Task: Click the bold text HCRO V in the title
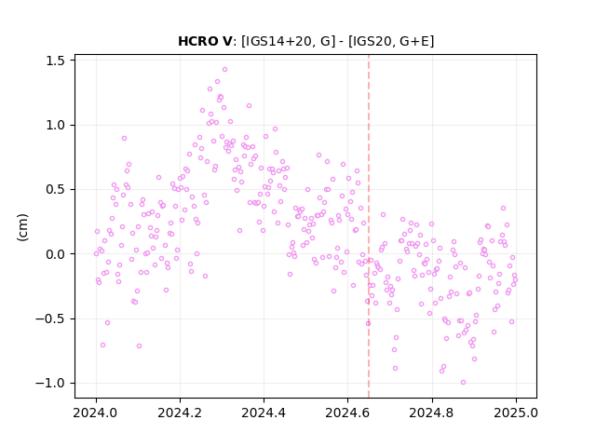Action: (205, 41)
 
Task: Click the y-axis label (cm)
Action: (22, 227)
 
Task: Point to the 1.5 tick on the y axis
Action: (55, 61)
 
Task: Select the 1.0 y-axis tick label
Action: (55, 125)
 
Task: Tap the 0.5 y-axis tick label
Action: (55, 190)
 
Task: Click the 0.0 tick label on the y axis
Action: (55, 254)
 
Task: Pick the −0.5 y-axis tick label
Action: (50, 318)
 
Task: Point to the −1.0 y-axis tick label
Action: (50, 383)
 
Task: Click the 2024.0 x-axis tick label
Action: (96, 413)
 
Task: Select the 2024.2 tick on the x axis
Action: (180, 413)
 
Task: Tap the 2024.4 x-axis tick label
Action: (264, 413)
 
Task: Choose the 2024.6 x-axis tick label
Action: (347, 413)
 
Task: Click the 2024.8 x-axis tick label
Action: (432, 413)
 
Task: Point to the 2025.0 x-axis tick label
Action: (516, 413)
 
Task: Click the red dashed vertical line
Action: (369, 226)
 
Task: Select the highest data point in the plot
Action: (224, 70)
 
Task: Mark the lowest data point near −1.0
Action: (463, 383)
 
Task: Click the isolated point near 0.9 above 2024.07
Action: (124, 139)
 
